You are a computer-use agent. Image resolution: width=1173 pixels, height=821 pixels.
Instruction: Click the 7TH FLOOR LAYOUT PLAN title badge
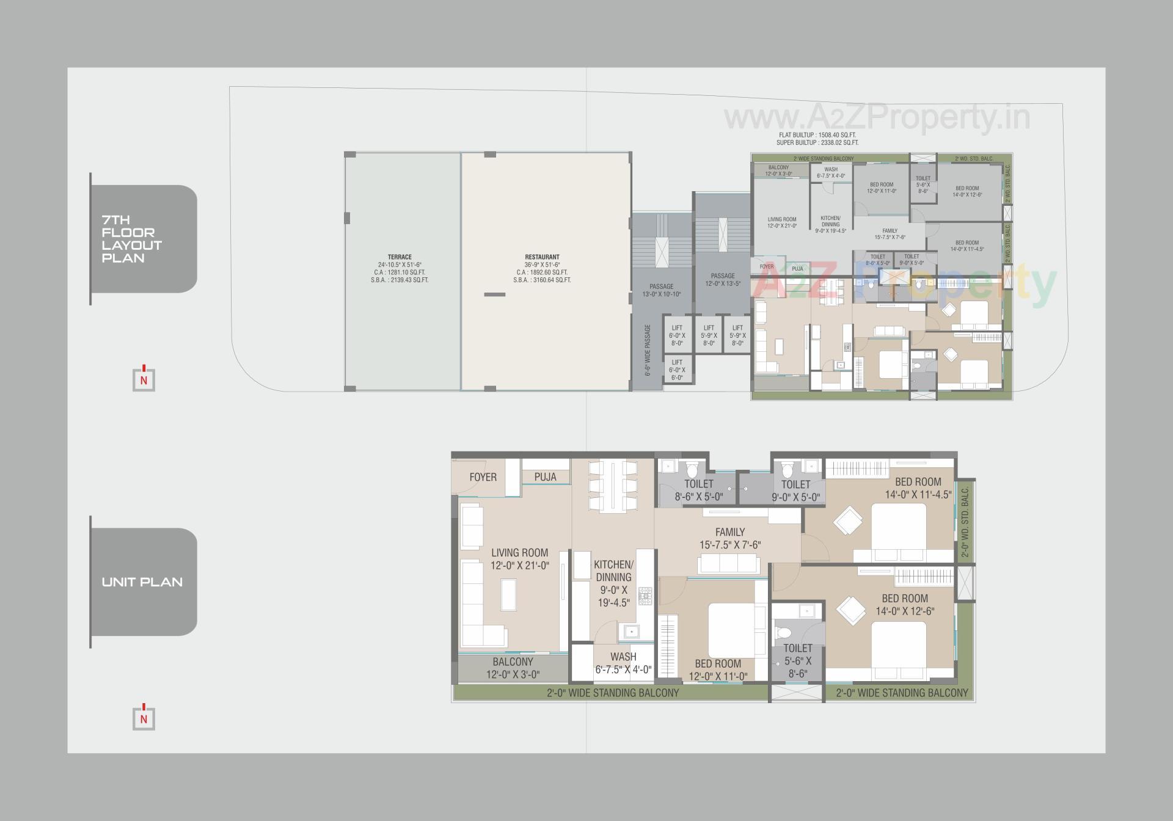click(x=144, y=239)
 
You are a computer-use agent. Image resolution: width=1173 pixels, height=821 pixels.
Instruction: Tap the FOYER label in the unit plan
click(x=483, y=477)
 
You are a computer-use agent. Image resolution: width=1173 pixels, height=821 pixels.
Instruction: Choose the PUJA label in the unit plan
click(x=545, y=477)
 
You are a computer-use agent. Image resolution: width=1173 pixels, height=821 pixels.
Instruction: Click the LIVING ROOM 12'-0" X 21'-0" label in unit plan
click(x=520, y=559)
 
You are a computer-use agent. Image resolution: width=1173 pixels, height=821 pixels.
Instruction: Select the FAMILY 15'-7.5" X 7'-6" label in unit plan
click(x=730, y=538)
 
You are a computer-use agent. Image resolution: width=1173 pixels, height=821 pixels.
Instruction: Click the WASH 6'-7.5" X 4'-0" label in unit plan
click(x=623, y=663)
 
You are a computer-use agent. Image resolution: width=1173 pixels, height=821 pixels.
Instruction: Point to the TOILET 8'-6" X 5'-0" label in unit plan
click(x=698, y=490)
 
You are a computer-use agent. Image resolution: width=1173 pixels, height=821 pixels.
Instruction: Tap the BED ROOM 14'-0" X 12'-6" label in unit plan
click(x=905, y=604)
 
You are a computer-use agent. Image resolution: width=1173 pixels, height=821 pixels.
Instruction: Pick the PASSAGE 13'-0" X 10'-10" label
click(x=661, y=290)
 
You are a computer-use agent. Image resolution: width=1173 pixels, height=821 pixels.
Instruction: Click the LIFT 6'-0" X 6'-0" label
click(x=677, y=370)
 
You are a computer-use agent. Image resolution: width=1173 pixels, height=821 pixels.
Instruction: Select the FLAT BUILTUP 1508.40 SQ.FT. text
click(x=817, y=135)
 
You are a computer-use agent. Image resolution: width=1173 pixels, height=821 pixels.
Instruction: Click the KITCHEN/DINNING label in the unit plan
click(x=613, y=583)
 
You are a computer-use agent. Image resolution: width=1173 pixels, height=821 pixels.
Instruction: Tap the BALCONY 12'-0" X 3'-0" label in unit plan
click(x=513, y=668)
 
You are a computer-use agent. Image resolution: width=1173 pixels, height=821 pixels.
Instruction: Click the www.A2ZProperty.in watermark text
click(x=877, y=117)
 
